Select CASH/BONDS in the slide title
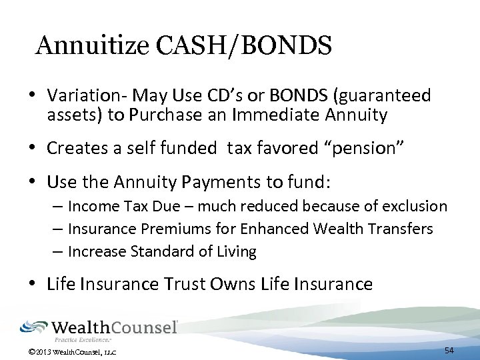241,45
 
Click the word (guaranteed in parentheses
379,96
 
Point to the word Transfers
400,229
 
